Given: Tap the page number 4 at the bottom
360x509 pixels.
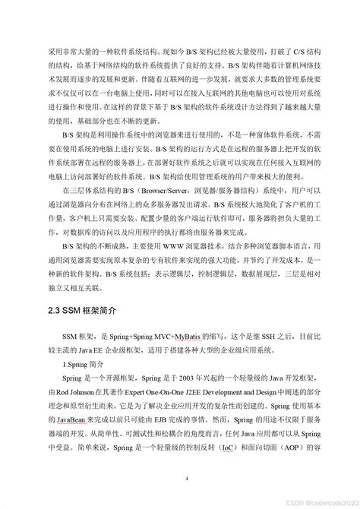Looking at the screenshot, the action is [183, 479].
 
